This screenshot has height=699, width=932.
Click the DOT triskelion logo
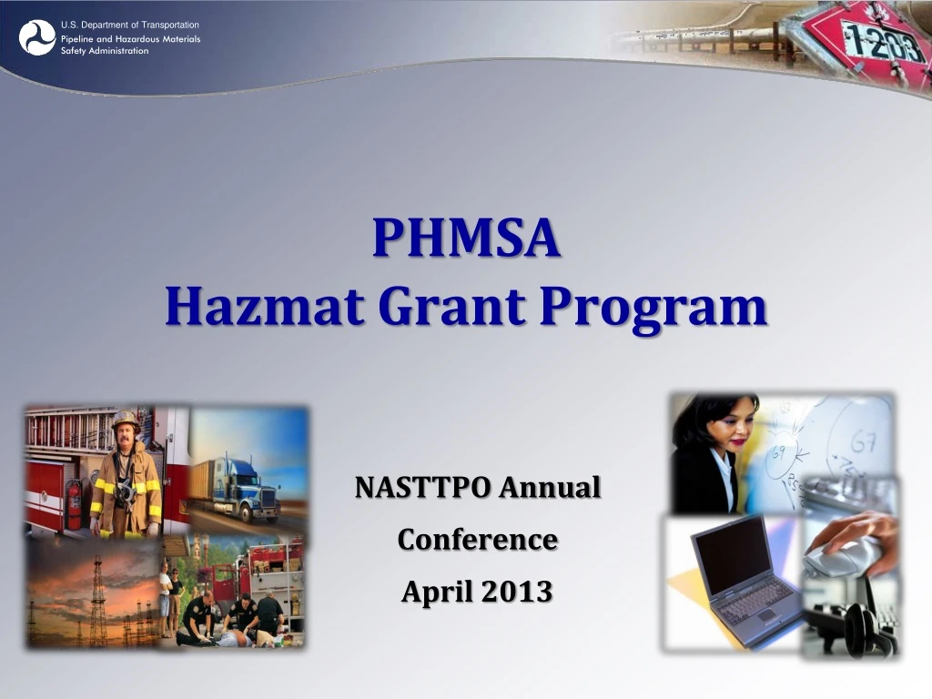tap(37, 37)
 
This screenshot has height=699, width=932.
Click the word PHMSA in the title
tap(466, 238)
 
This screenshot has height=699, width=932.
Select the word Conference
tap(477, 540)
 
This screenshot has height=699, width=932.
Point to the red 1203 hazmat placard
tap(869, 41)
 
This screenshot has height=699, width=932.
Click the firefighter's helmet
tap(126, 420)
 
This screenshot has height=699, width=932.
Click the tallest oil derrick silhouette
tap(97, 601)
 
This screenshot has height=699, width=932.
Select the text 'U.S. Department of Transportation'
tap(129, 25)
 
